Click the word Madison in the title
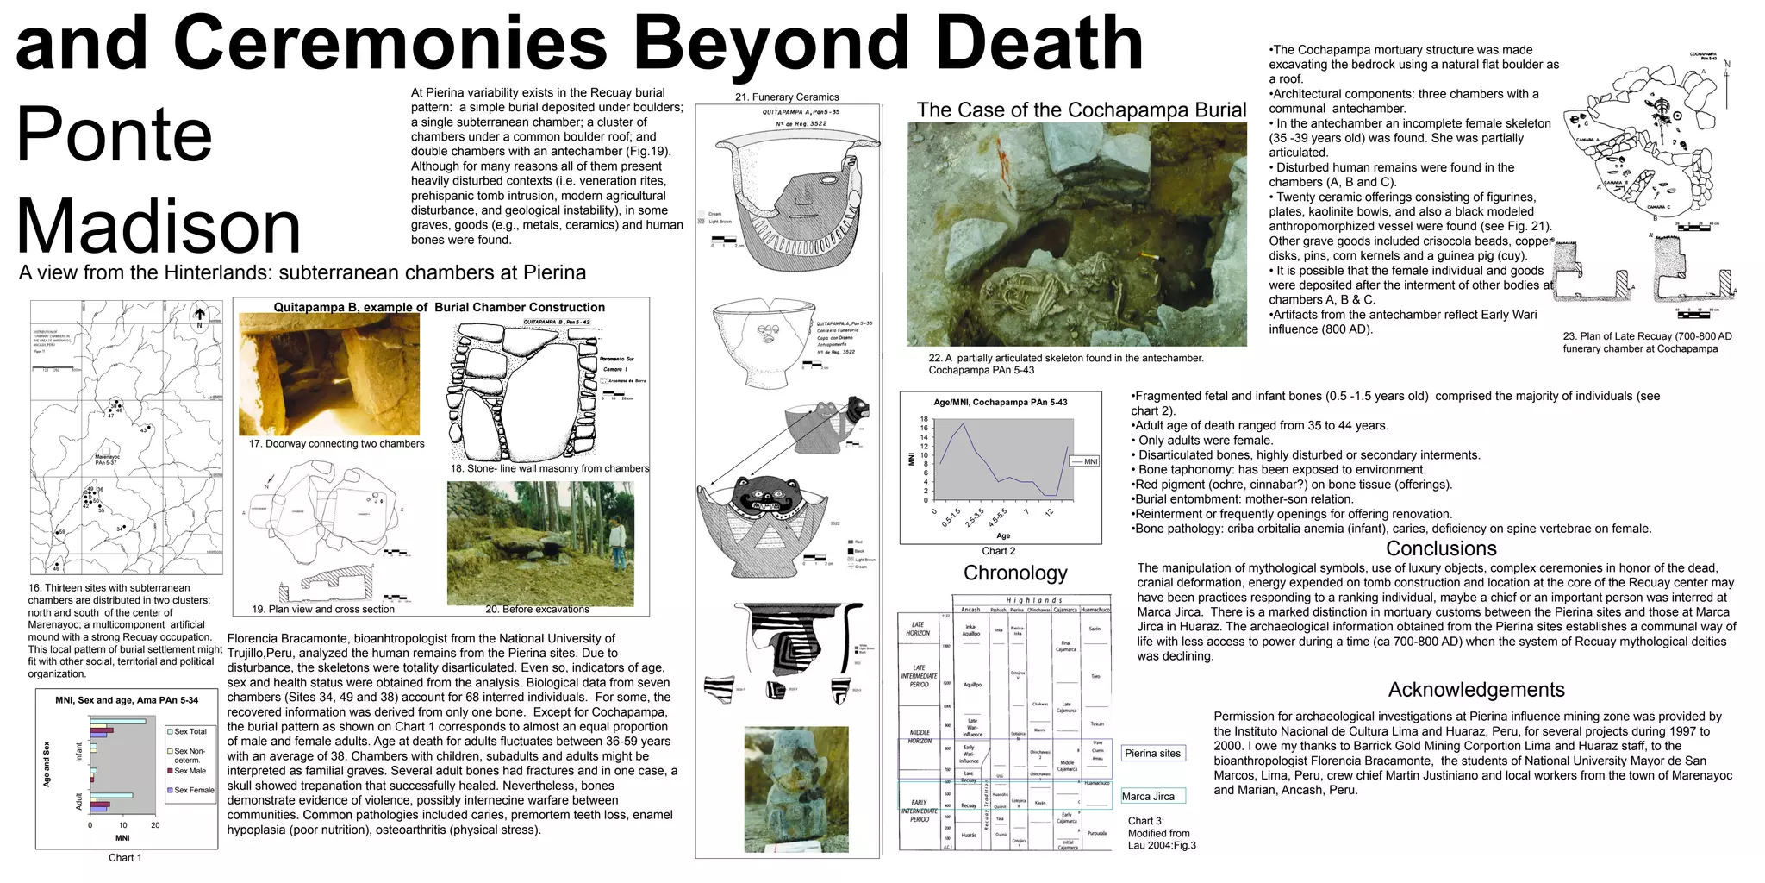click(159, 226)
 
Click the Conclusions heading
click(1441, 548)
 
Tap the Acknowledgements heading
click(1476, 690)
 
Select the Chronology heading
click(1015, 573)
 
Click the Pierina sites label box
click(1152, 754)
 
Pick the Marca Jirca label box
click(1148, 797)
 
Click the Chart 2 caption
click(999, 551)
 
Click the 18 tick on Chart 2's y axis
click(924, 419)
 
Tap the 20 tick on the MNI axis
click(155, 825)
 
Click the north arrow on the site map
click(199, 316)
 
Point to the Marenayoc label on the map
click(107, 458)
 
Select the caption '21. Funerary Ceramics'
click(787, 97)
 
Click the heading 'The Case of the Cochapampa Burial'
click(1081, 110)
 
